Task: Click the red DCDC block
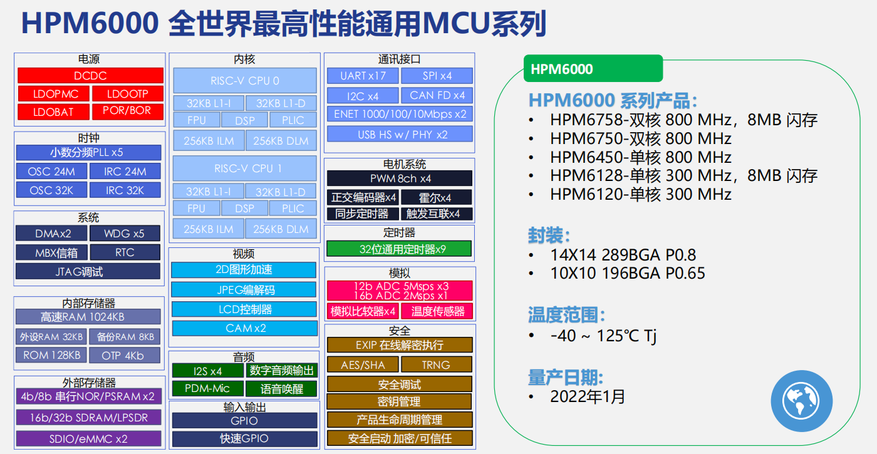(90, 76)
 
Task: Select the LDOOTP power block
(127, 94)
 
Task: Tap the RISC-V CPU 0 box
(245, 81)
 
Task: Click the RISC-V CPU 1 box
(245, 168)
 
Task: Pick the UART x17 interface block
(363, 76)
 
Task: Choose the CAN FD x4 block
(437, 95)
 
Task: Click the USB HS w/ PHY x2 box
(399, 134)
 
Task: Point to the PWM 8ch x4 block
(399, 178)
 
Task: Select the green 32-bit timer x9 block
(398, 249)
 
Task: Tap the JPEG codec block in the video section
(244, 289)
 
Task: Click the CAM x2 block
(244, 328)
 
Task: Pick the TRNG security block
(436, 364)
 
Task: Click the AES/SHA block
(362, 364)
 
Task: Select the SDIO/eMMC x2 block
(88, 438)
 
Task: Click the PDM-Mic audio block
(207, 388)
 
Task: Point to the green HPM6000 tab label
(593, 69)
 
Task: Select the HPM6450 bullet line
(640, 157)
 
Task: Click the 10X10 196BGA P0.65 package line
(627, 273)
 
